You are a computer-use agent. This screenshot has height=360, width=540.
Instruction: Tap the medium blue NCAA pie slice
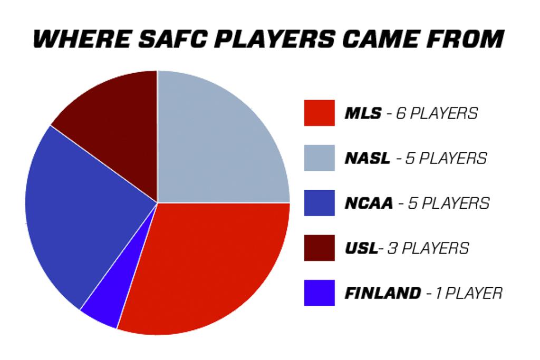(83, 213)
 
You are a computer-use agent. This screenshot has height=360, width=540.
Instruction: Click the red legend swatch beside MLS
(319, 113)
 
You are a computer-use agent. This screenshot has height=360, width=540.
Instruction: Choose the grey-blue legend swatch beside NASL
(319, 158)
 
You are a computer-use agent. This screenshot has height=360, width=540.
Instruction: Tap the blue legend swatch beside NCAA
(319, 203)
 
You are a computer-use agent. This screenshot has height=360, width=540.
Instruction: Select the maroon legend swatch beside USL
(319, 248)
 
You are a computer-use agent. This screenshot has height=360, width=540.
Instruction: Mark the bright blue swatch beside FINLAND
(319, 293)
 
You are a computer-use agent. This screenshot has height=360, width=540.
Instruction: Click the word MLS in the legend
(363, 113)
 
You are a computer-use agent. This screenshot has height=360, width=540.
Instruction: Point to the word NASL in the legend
(368, 158)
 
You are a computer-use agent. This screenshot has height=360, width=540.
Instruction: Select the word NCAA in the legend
(369, 203)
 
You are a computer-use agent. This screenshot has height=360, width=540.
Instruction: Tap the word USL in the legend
(361, 248)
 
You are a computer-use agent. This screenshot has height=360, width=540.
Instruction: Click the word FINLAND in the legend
(383, 293)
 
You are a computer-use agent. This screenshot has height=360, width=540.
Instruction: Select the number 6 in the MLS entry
(400, 113)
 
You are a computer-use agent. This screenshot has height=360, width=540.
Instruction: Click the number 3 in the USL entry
(392, 248)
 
